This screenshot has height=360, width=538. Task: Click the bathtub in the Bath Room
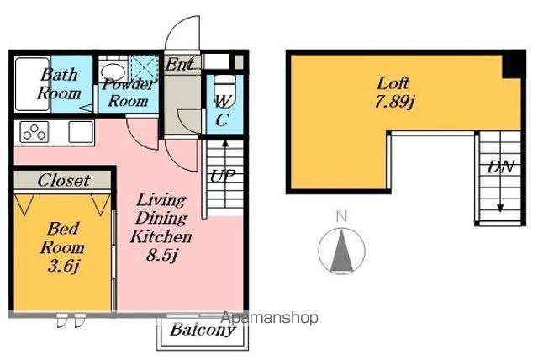tap(32, 84)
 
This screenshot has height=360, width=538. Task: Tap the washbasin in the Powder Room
tap(113, 72)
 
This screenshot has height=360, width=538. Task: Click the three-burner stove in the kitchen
tap(34, 132)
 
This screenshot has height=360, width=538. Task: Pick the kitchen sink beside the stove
tap(81, 132)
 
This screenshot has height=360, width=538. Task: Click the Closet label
tap(64, 181)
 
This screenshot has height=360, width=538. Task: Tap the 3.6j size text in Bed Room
tap(64, 266)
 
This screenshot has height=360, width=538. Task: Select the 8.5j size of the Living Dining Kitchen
tap(161, 256)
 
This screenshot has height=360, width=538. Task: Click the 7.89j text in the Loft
tap(395, 102)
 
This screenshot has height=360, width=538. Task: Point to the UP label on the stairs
tap(222, 177)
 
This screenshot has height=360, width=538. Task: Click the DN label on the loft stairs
tap(501, 167)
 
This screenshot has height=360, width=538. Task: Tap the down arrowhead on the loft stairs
tap(500, 208)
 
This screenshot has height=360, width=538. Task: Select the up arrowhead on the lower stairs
tap(225, 143)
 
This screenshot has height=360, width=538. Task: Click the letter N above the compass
tap(341, 216)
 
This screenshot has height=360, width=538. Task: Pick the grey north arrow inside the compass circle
tap(342, 250)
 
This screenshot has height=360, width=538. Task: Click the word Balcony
tap(203, 331)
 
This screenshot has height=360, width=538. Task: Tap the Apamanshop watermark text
tap(270, 318)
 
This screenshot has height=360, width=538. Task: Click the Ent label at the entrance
tap(179, 64)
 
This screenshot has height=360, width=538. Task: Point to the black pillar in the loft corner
tap(514, 65)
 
